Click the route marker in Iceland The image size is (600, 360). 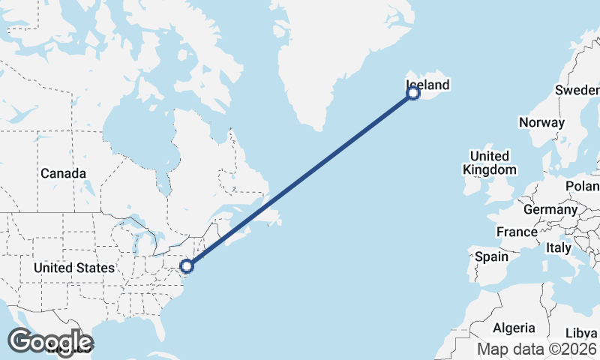click(412, 93)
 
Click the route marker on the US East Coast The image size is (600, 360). click(187, 265)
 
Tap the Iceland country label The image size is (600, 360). click(427, 85)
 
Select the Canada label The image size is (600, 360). click(63, 173)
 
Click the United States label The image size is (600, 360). click(74, 268)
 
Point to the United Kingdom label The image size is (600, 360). click(490, 163)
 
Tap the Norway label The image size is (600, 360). click(541, 122)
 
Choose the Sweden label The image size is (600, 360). click(576, 90)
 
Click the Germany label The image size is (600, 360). click(549, 209)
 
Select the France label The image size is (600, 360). click(517, 232)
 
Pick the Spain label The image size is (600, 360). click(492, 256)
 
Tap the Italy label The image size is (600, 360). click(558, 247)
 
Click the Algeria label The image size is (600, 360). click(514, 328)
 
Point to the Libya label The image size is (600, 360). click(582, 332)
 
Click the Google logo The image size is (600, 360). click(50, 341)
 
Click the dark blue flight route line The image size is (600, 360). click(300, 179)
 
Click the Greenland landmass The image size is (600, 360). click(337, 52)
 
